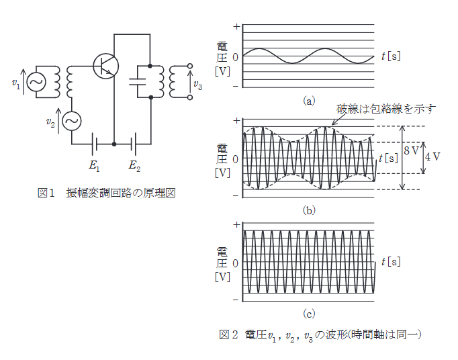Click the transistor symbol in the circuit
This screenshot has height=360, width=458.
coord(105,65)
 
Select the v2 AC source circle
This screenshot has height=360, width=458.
coord(71,122)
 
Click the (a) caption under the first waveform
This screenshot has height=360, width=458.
coord(308,101)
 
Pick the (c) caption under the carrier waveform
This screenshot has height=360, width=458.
coord(308,313)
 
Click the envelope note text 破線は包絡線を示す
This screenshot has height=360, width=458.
coord(386,108)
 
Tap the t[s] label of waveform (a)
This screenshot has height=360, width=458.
coord(390,56)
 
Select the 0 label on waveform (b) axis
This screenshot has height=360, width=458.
coord(235,160)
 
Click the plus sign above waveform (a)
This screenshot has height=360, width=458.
coord(236,26)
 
